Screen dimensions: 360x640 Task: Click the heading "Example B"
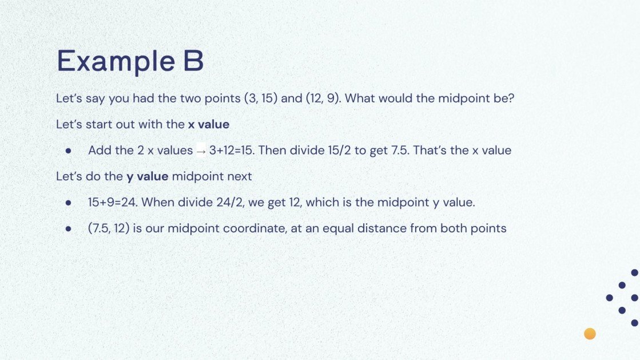point(130,62)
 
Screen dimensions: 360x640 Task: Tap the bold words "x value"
point(208,124)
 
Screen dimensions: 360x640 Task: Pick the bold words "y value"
point(147,176)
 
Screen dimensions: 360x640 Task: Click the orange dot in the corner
point(590,334)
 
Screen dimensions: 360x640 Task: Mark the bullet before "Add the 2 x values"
point(68,151)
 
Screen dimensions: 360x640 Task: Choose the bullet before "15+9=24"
point(68,203)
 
